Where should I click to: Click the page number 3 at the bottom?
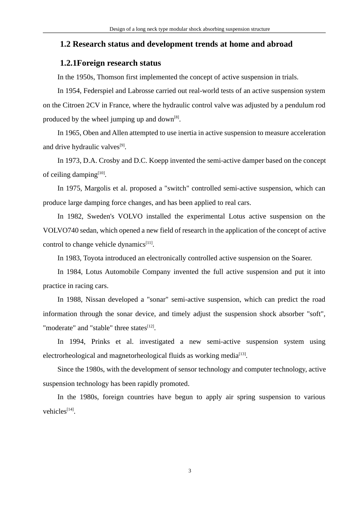coord(190,471)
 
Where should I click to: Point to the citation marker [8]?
coord(177,117)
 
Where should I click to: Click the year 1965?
coord(73,133)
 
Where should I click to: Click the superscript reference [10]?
coord(101,173)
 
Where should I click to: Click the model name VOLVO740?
coord(61,230)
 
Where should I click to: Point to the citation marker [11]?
coord(149,242)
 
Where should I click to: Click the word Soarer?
coord(301,258)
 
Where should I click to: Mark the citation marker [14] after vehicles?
coord(70,409)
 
